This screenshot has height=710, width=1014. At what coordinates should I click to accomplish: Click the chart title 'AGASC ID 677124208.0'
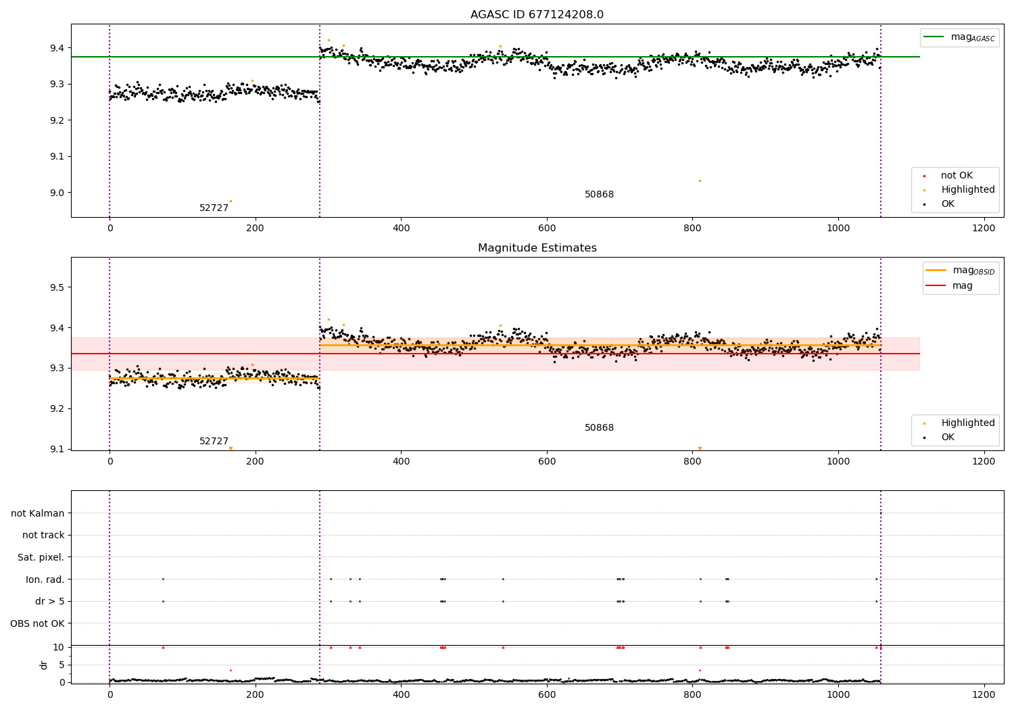pyautogui.click(x=537, y=15)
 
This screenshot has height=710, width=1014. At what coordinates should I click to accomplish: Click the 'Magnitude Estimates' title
pyautogui.click(x=537, y=248)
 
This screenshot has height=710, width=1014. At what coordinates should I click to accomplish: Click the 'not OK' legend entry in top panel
pyautogui.click(x=957, y=176)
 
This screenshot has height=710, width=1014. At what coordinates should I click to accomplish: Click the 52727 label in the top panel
pyautogui.click(x=214, y=208)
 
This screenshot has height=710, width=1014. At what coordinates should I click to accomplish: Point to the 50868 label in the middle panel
pyautogui.click(x=599, y=428)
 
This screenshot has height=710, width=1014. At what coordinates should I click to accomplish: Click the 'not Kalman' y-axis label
pyautogui.click(x=38, y=513)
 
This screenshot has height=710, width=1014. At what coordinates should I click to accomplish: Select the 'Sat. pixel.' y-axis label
pyautogui.click(x=41, y=557)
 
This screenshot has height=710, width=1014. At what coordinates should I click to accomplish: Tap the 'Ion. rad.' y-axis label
pyautogui.click(x=45, y=579)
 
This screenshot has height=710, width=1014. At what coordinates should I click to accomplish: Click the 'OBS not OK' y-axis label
pyautogui.click(x=37, y=623)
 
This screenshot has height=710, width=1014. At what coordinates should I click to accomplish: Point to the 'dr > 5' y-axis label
pyautogui.click(x=49, y=601)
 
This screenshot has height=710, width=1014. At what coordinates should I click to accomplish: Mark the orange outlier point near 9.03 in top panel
pyautogui.click(x=700, y=181)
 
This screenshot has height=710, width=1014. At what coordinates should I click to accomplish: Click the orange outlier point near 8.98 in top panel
pyautogui.click(x=231, y=201)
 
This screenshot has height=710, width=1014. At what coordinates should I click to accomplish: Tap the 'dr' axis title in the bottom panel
pyautogui.click(x=44, y=665)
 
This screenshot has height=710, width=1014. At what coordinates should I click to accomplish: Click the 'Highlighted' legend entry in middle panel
pyautogui.click(x=967, y=423)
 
